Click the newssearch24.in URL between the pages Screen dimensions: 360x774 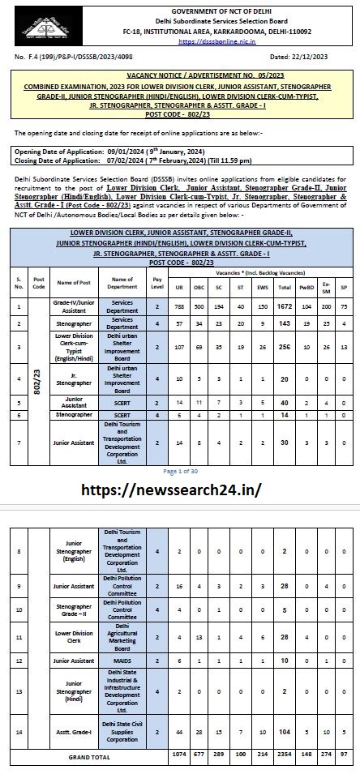point(179,491)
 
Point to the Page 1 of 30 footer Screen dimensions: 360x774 point(179,470)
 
